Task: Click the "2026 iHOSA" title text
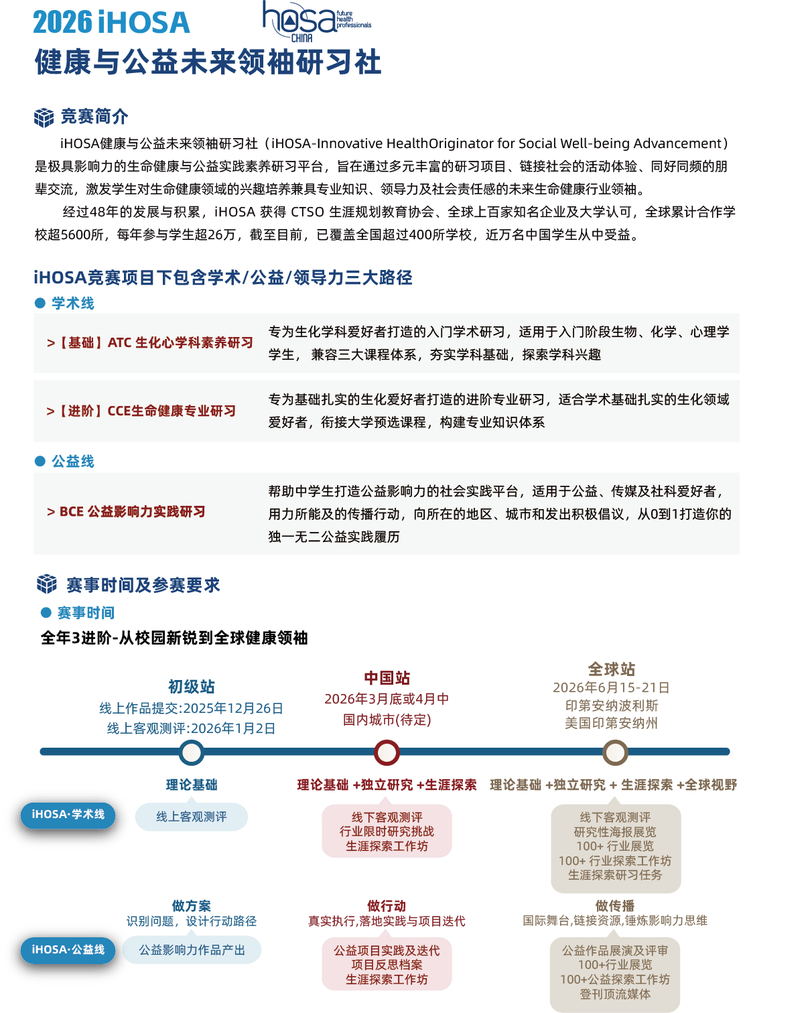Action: [x=111, y=23]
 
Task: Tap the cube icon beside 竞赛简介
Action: [x=44, y=117]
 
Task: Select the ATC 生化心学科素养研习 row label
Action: [x=150, y=343]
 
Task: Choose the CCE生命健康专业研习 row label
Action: [x=141, y=411]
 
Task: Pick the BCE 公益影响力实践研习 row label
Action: [x=126, y=512]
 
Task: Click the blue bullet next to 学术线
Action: [x=40, y=303]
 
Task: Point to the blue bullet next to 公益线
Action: [x=40, y=461]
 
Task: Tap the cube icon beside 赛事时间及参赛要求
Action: [x=47, y=584]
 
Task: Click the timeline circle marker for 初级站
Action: [x=192, y=752]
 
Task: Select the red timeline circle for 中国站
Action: [x=387, y=752]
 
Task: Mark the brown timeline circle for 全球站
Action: [x=614, y=752]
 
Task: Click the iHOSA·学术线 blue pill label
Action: [x=68, y=815]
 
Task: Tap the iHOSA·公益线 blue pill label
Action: [x=68, y=950]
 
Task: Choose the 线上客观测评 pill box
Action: [x=192, y=817]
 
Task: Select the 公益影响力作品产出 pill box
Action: [x=192, y=950]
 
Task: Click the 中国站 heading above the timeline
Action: [x=387, y=678]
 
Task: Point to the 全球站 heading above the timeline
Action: [x=611, y=669]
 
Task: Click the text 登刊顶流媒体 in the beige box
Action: [x=615, y=994]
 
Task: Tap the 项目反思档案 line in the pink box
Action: [x=387, y=965]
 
